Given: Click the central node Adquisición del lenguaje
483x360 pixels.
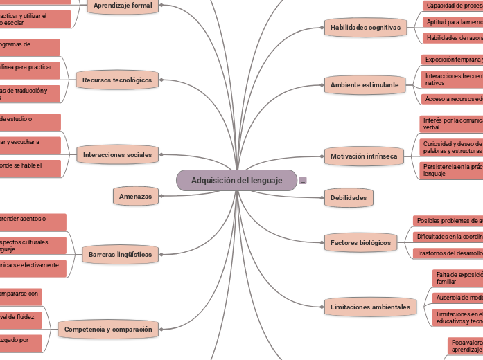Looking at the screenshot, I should pos(236,181).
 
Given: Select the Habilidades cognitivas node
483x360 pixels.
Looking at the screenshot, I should pos(365,28).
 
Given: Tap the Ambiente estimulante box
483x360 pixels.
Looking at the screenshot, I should pos(364,85).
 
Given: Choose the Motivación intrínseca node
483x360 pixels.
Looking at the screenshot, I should pos(364,156).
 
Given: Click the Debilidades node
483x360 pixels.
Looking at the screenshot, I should pos(348,197).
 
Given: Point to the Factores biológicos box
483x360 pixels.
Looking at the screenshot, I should pos(360,243).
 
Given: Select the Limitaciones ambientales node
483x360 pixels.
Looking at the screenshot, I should pos(370,307).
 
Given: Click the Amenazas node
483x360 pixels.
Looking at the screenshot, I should pos(135,197).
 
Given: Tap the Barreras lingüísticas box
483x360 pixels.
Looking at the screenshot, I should pos(120,255).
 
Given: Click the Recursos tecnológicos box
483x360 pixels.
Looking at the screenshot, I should pos(116,80).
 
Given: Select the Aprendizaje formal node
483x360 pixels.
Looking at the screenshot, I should pos(122,5).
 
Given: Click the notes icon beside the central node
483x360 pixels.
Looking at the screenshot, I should pos(303,181).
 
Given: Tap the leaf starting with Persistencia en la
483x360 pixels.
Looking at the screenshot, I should pos(451,170).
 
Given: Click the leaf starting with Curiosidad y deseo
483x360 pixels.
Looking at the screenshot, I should pos(451,147).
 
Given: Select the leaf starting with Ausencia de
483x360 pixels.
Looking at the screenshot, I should pos(457,298).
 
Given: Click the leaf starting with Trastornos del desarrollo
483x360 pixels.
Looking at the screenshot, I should pos(448,253).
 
